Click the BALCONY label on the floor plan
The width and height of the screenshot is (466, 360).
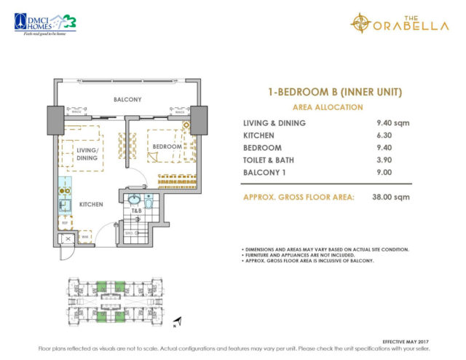tap(127, 98)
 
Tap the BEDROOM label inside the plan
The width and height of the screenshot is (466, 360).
tap(167, 146)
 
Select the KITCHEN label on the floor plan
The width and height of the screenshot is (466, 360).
tap(92, 205)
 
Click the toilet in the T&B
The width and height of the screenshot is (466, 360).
tap(149, 203)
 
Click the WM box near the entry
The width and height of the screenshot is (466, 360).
tap(84, 236)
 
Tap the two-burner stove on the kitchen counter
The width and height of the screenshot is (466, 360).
tap(64, 192)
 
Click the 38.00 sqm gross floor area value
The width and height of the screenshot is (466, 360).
tap(387, 196)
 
